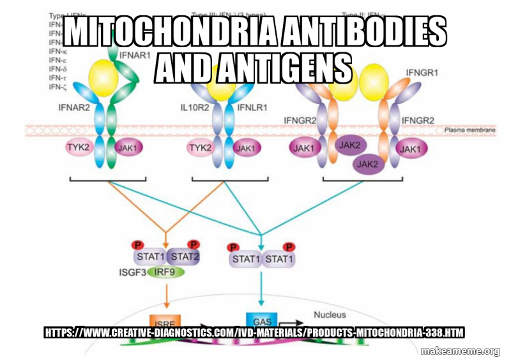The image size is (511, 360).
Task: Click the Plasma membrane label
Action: pyautogui.click(x=469, y=130)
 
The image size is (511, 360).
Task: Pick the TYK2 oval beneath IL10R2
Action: pyautogui.click(x=200, y=148)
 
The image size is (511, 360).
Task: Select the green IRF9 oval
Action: pyautogui.click(x=166, y=272)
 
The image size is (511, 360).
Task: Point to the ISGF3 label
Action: pyautogui.click(x=133, y=272)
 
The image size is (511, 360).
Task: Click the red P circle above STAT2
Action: pyautogui.click(x=194, y=244)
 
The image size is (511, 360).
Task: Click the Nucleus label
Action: pyautogui.click(x=330, y=315)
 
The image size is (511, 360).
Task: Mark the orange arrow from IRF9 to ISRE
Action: pyautogui.click(x=166, y=295)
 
